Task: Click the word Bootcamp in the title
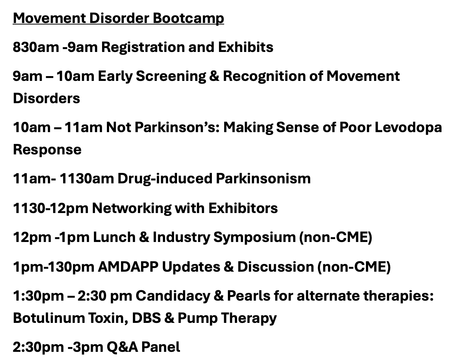(x=189, y=19)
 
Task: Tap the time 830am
(x=36, y=47)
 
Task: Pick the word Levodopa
(x=408, y=128)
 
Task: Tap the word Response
(x=47, y=150)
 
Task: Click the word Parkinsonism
(x=263, y=179)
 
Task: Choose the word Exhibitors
(x=243, y=208)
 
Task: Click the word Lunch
(x=114, y=237)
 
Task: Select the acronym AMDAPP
(x=128, y=267)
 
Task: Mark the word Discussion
(x=276, y=267)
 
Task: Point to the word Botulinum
(x=49, y=318)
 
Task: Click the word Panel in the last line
(x=161, y=347)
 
